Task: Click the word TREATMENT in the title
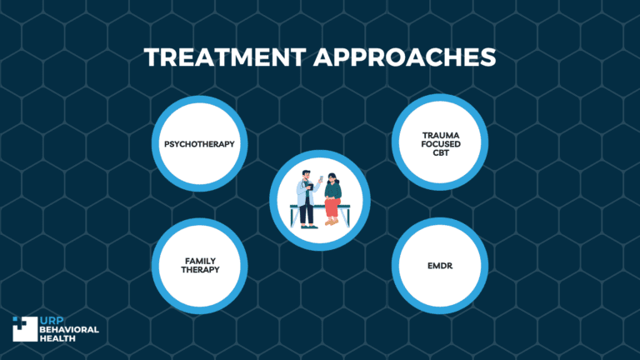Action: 212,57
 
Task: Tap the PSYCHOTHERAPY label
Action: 199,143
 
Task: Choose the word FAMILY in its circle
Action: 199,261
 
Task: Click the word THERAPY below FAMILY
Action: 199,270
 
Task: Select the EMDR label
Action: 438,266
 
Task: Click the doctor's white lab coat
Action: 306,197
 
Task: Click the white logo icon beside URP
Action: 24,328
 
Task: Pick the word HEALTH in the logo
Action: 58,338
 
